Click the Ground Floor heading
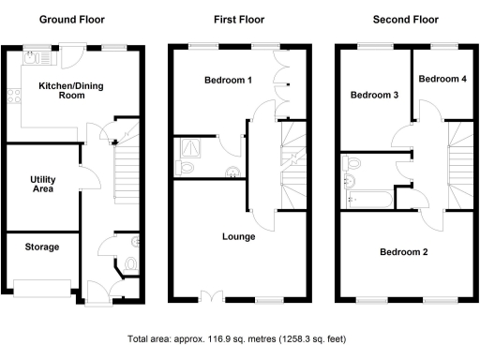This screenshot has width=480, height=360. pyautogui.click(x=71, y=19)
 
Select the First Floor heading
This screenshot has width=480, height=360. pyautogui.click(x=239, y=19)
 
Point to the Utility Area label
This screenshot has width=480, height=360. pyautogui.click(x=41, y=183)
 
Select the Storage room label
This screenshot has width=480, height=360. pyautogui.click(x=42, y=247)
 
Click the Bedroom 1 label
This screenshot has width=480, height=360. pyautogui.click(x=228, y=81)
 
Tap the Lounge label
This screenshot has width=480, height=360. pyautogui.click(x=239, y=236)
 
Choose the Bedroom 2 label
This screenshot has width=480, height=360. pyautogui.click(x=404, y=251)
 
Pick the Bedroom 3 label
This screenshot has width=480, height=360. pyautogui.click(x=374, y=95)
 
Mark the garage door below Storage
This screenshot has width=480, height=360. pyautogui.click(x=43, y=287)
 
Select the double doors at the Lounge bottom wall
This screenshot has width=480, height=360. pyautogui.click(x=213, y=298)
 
